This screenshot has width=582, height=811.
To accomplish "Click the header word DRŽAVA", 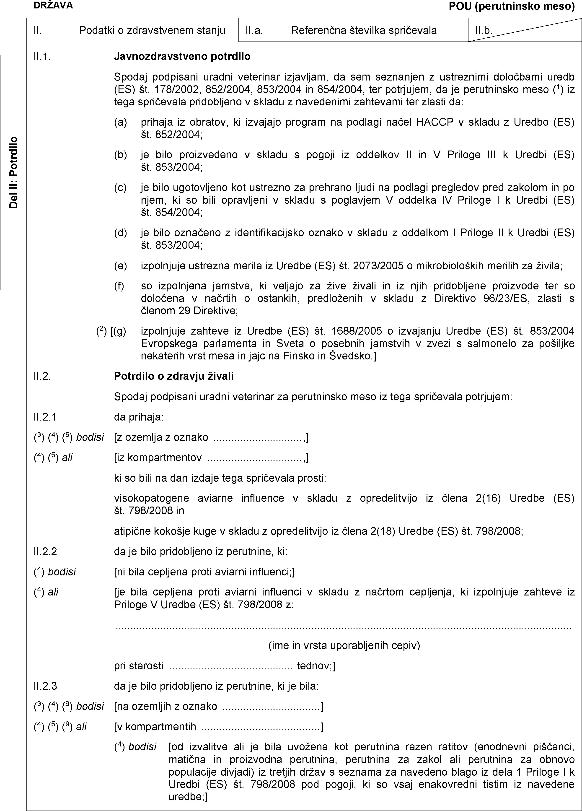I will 53,5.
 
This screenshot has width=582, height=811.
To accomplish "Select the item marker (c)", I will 120,188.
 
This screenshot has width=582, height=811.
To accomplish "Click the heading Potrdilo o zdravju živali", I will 174,376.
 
